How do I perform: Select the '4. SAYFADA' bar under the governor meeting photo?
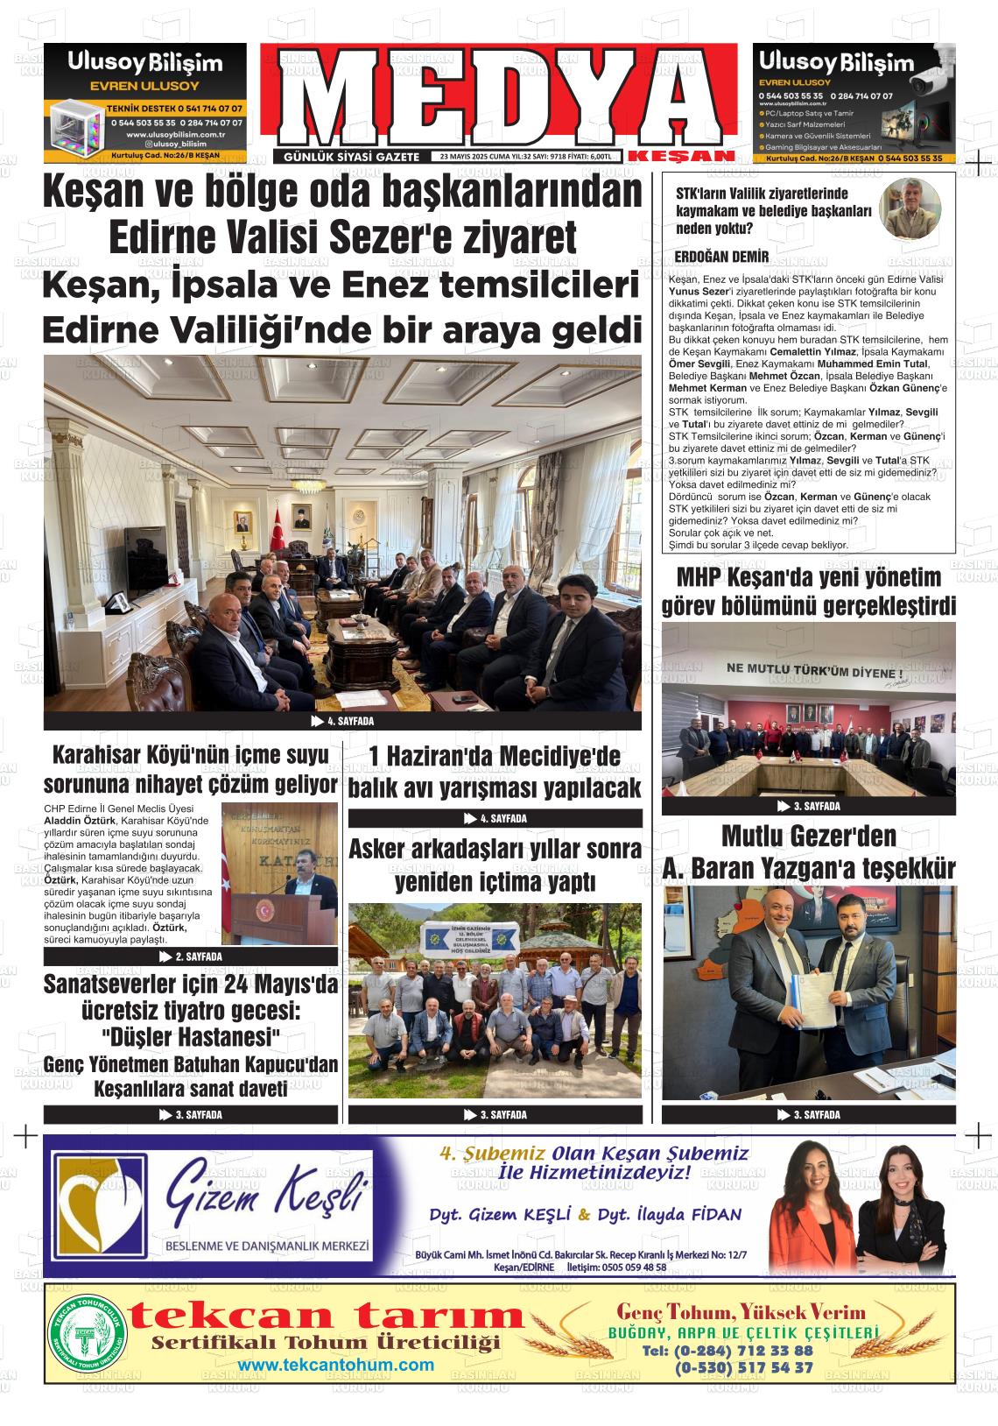click(x=342, y=722)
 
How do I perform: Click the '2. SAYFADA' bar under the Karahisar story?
click(x=191, y=957)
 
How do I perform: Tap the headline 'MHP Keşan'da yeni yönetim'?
click(x=808, y=578)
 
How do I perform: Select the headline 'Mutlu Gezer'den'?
click(x=808, y=837)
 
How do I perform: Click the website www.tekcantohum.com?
click(x=336, y=1365)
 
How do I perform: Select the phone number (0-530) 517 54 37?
click(x=743, y=1367)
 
